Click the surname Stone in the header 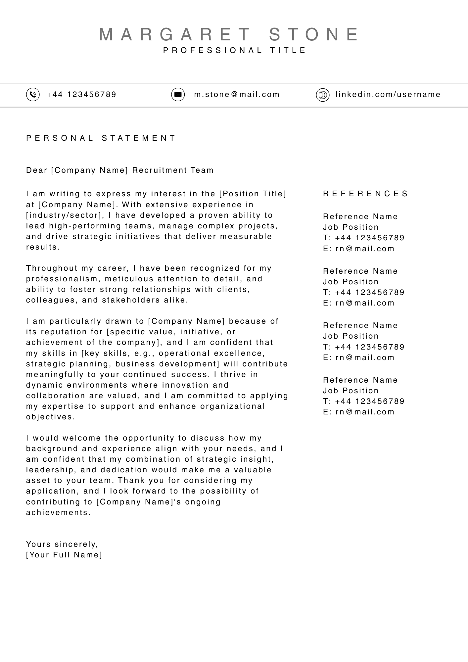click(x=314, y=34)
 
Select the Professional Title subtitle click(x=235, y=50)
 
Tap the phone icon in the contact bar click(x=33, y=95)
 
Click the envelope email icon click(x=178, y=95)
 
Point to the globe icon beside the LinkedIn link click(x=323, y=95)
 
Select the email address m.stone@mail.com click(x=237, y=95)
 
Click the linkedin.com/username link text click(x=388, y=95)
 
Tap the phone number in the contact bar click(x=81, y=95)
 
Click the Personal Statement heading click(x=101, y=138)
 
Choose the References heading click(x=366, y=194)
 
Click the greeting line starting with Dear click(x=120, y=170)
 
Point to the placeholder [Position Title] click(x=253, y=194)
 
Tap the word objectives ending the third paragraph click(x=50, y=417)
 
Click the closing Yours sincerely click(x=62, y=544)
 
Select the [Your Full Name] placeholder click(x=64, y=555)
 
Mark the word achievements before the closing click(x=58, y=512)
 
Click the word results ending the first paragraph click(x=43, y=247)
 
